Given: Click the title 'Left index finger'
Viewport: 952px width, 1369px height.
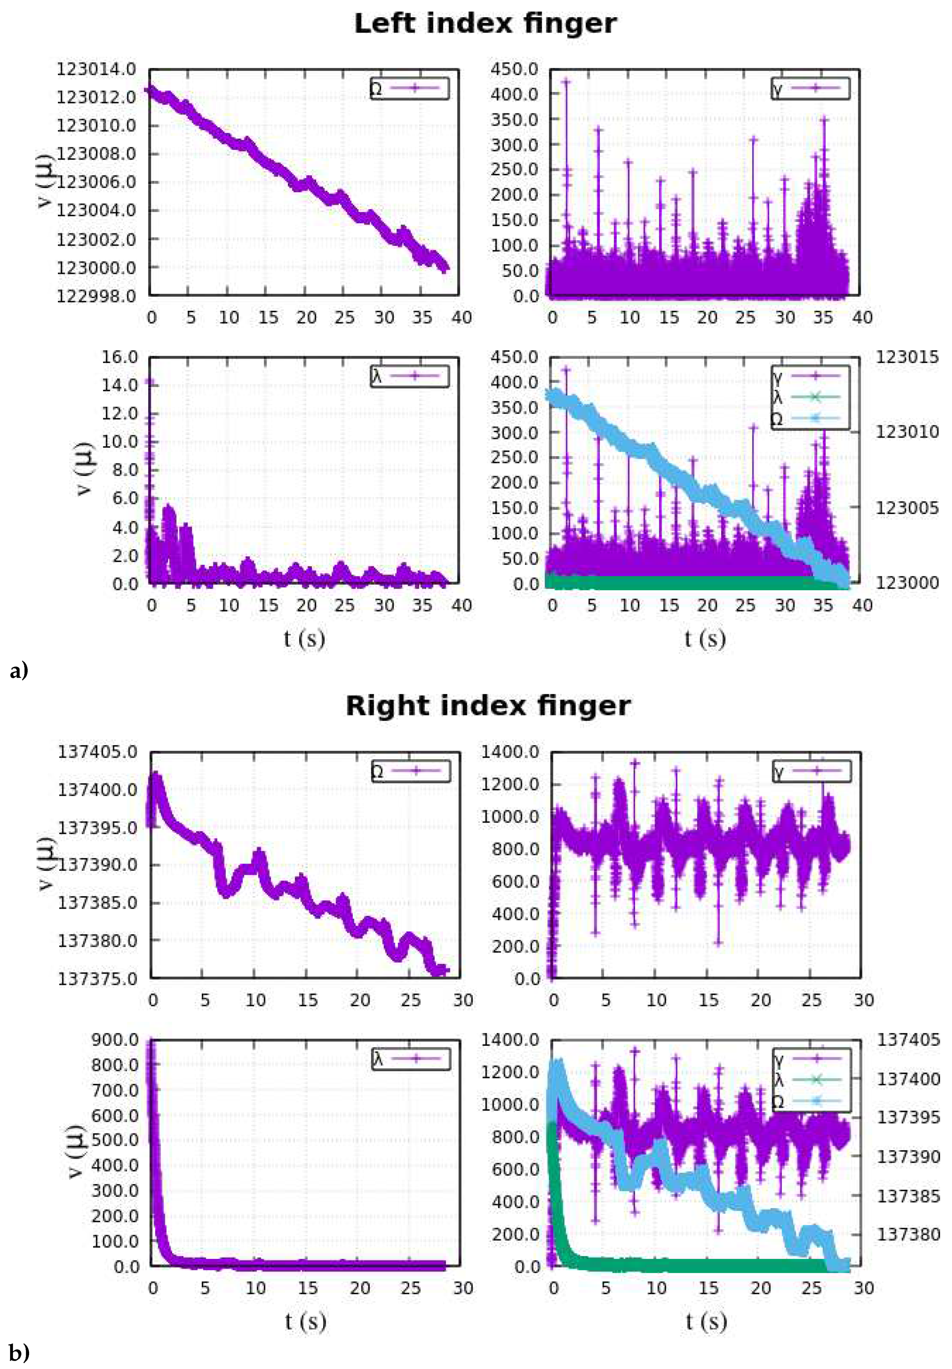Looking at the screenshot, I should coord(485,24).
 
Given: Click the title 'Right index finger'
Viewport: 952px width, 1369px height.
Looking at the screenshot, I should coord(488,706).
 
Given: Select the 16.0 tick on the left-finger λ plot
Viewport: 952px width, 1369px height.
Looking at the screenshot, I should coord(119,357).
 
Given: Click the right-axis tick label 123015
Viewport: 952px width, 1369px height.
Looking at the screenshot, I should coord(906,357).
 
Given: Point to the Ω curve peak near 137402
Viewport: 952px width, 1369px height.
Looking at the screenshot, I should coord(156,775).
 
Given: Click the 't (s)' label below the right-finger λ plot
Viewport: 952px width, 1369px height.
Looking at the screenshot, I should coord(305,1321).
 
